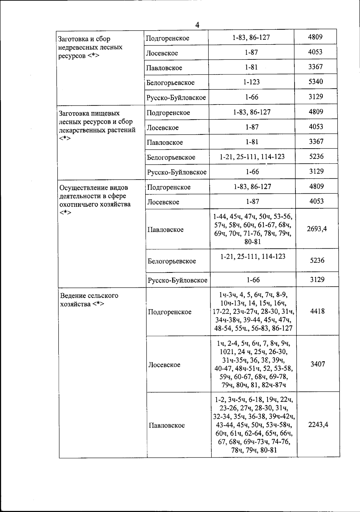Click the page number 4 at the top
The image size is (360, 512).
197,25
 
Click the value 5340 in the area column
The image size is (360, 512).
316,82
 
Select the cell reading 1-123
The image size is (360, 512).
251,82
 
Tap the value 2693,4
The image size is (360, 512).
317,229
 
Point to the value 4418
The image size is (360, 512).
317,311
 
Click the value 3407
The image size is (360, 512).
318,364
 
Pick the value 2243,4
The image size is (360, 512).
318,425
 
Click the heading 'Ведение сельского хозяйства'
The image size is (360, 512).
89,300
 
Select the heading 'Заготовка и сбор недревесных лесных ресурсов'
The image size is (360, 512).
90,47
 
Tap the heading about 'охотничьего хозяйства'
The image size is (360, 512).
95,200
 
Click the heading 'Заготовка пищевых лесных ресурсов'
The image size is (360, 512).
97,126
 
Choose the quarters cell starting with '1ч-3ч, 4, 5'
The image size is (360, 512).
253,311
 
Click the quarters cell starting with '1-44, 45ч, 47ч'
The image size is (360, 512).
253,229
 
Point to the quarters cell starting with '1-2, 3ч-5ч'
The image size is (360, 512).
254,425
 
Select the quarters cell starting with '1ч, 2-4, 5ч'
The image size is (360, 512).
253,364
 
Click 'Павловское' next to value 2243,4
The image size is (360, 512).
167,426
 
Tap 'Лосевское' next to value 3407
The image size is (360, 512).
164,365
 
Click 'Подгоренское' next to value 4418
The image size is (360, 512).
170,312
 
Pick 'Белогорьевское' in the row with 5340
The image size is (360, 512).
170,83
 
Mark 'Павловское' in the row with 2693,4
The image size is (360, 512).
166,230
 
